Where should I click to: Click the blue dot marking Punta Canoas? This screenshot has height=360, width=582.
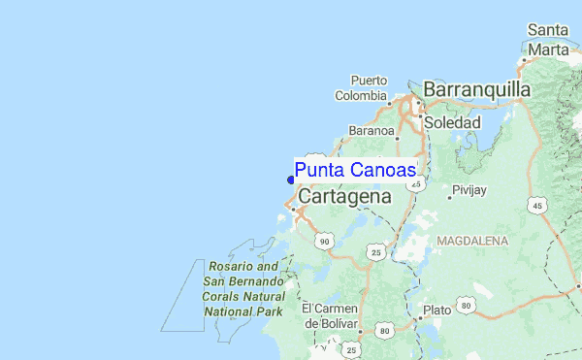(x=291, y=179)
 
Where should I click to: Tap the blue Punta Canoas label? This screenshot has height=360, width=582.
(x=356, y=171)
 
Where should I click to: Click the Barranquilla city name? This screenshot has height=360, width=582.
(x=477, y=90)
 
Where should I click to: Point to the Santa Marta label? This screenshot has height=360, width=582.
(x=547, y=40)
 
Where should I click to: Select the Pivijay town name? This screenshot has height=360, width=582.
(x=469, y=190)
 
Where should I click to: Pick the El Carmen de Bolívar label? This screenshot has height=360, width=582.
(x=330, y=315)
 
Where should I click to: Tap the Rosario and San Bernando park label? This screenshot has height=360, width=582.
(x=242, y=289)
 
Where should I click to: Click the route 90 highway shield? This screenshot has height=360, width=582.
(x=325, y=241)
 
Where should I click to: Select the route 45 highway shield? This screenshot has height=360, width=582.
(x=536, y=206)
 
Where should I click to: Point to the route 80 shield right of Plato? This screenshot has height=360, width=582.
(x=467, y=306)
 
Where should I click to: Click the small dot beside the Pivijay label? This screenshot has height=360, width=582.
(x=449, y=197)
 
